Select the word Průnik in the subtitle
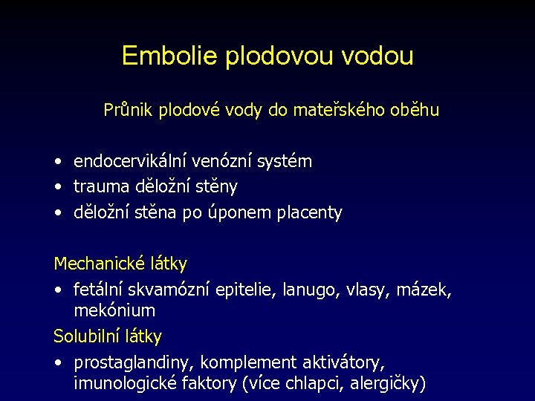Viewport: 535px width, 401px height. tap(127, 111)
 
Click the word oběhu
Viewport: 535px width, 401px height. tap(417, 111)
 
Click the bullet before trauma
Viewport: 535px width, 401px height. tap(58, 187)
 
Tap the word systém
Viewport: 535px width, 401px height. tap(282, 161)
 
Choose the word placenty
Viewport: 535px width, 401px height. tap(310, 213)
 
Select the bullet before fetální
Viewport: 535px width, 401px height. tap(58, 290)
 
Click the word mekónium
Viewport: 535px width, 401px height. tap(114, 310)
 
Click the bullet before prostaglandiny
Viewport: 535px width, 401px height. tap(58, 363)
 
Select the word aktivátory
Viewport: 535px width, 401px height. tap(343, 362)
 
